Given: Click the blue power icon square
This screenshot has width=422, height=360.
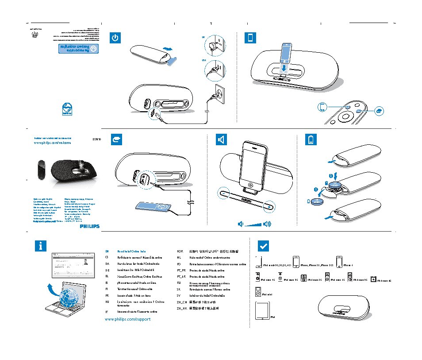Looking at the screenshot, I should point(115,38).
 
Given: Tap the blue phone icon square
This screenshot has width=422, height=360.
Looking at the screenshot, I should point(250,38).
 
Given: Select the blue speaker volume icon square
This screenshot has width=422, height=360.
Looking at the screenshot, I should point(221,140).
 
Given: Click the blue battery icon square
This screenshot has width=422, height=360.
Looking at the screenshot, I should point(312,140).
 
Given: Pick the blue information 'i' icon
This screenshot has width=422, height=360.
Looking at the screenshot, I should point(40,247).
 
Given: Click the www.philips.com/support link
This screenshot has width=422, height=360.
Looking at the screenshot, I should point(128,319).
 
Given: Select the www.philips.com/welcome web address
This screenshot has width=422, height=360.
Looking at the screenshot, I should point(53,143).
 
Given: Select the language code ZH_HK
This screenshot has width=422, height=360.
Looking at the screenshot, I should point(182,307).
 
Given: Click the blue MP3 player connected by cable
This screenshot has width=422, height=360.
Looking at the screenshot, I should point(153,207).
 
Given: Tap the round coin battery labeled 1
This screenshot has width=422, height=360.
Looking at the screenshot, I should point(318,201).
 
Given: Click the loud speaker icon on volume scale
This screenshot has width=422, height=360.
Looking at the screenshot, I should point(267,224).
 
